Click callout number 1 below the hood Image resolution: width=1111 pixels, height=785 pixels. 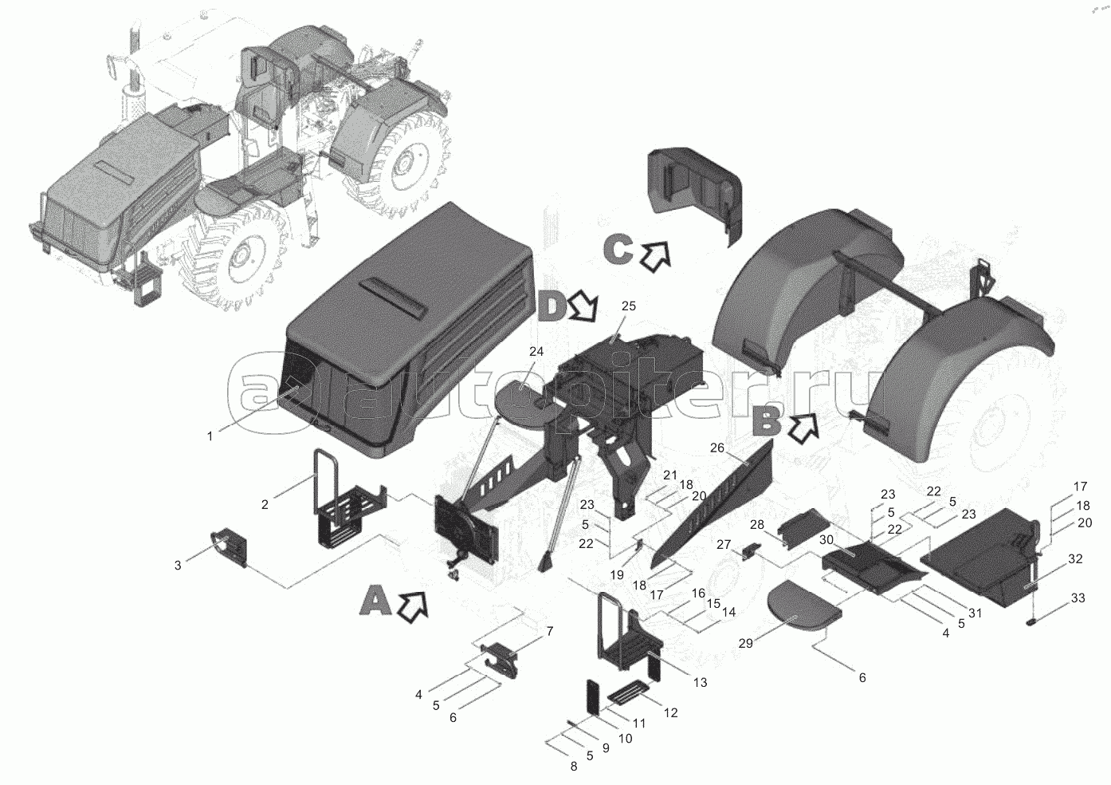(210, 436)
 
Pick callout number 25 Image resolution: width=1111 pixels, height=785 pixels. (628, 306)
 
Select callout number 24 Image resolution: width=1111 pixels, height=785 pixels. (536, 352)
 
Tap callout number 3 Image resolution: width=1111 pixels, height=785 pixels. (178, 565)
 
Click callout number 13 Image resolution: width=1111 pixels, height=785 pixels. (700, 683)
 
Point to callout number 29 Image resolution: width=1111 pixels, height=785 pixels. (745, 644)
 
